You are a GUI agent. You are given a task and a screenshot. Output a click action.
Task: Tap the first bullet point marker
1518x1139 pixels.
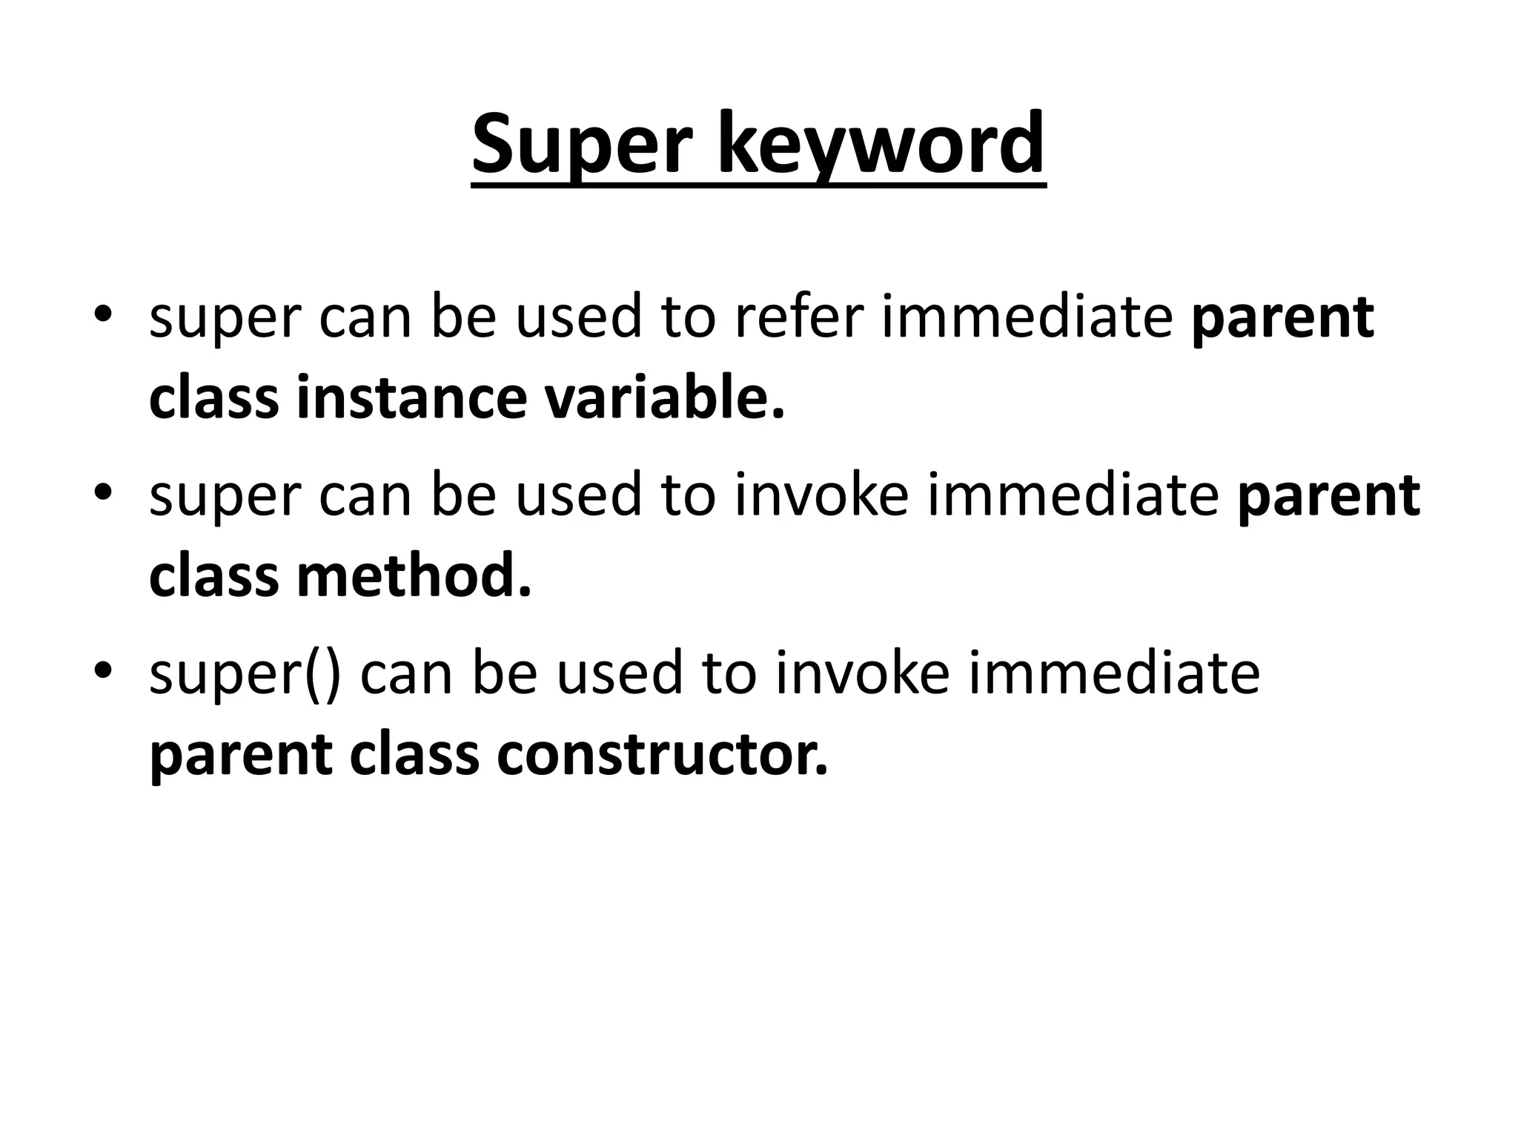pyautogui.click(x=102, y=314)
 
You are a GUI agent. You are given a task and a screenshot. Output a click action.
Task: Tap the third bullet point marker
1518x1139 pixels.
pyautogui.click(x=102, y=670)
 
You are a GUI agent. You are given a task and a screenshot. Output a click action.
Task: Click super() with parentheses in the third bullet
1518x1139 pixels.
pyautogui.click(x=245, y=673)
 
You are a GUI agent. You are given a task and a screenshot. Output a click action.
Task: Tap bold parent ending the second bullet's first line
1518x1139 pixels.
pyautogui.click(x=1328, y=497)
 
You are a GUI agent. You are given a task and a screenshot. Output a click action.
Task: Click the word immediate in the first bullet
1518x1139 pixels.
pyautogui.click(x=1027, y=317)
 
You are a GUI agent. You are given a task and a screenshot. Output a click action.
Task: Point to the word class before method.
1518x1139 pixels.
pyautogui.click(x=213, y=576)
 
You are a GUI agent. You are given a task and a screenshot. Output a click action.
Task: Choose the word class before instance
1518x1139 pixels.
pyautogui.click(x=213, y=398)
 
